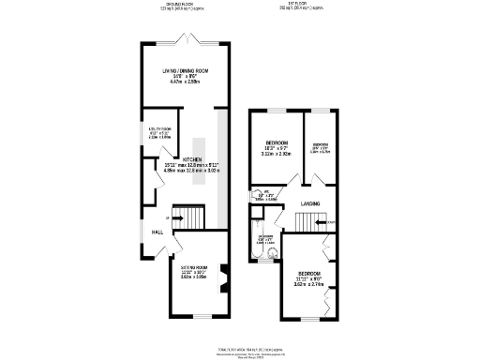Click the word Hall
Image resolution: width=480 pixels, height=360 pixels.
pyautogui.click(x=158, y=232)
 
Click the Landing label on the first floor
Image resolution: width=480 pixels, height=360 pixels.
pyautogui.click(x=310, y=202)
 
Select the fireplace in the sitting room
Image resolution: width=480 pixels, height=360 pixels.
pyautogui.click(x=222, y=277)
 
